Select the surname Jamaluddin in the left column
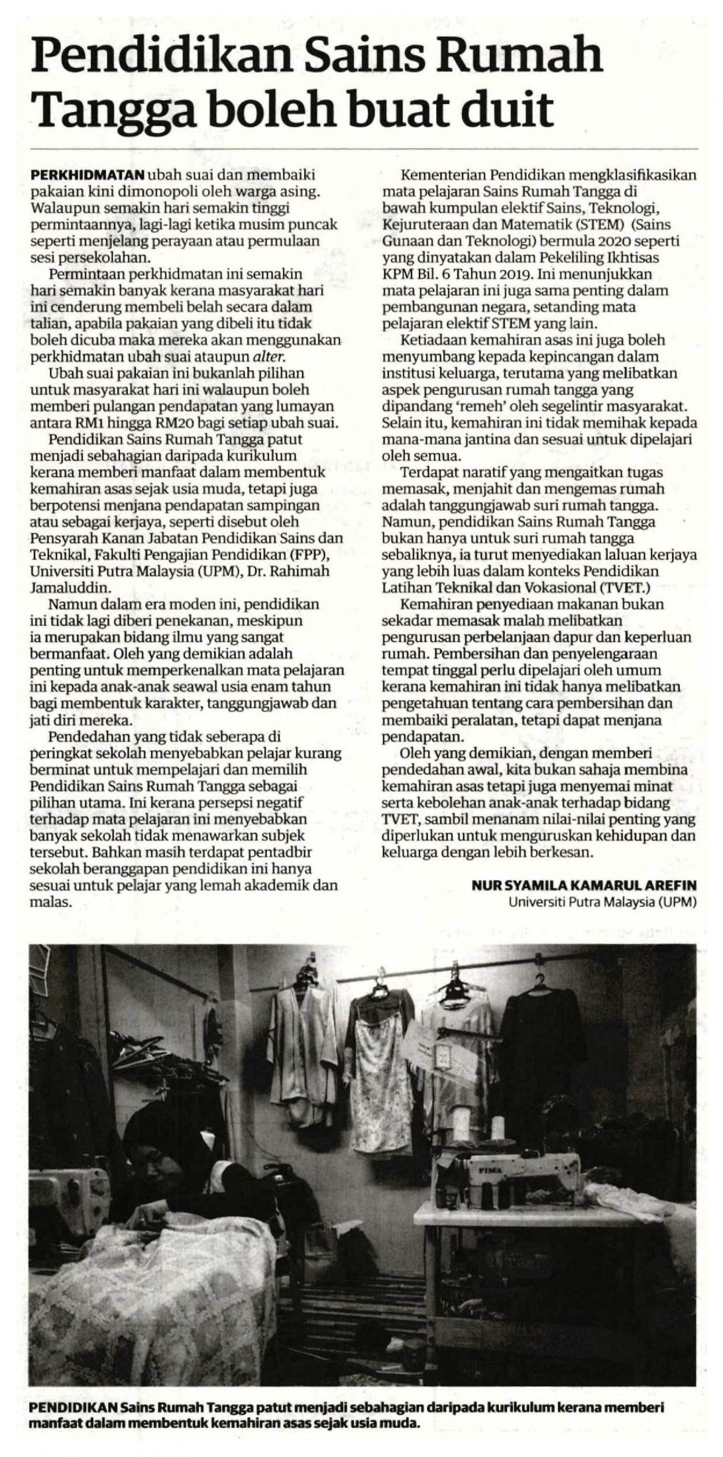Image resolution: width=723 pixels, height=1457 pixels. tap(67, 587)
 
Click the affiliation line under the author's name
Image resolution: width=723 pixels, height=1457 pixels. tap(602, 902)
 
